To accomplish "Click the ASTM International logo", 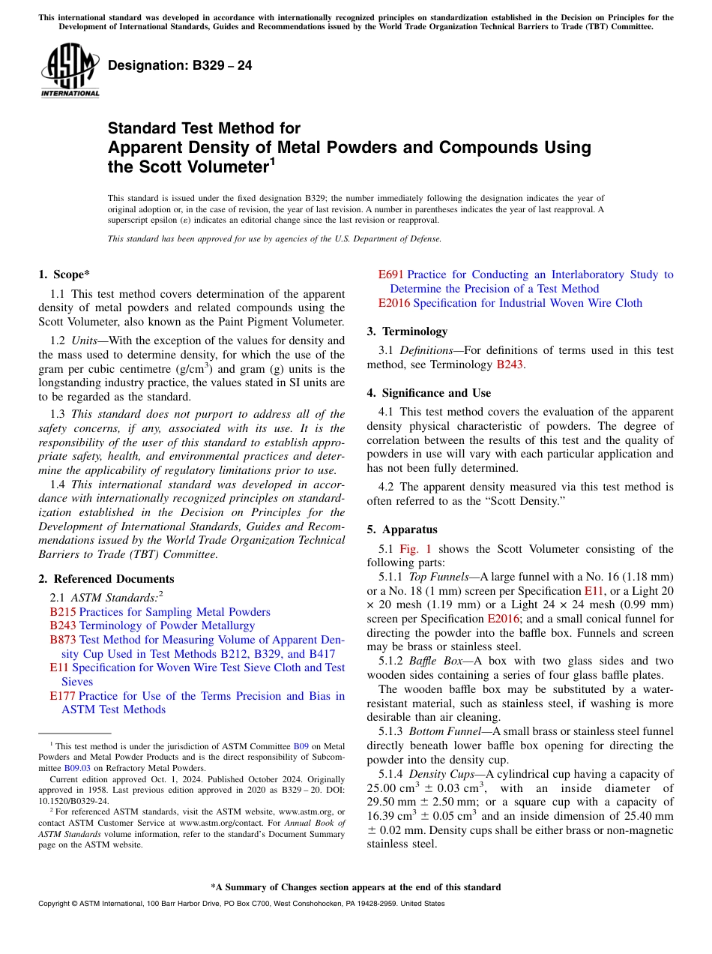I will point(70,70).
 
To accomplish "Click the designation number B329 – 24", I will point(180,66).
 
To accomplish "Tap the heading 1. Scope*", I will point(64,274).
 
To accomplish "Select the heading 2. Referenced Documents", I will point(106,579).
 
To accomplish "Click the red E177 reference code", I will point(62,696).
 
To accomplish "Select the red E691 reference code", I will point(391,274).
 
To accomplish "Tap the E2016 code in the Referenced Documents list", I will point(394,303).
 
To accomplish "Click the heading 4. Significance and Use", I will point(429,393).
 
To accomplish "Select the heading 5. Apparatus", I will point(402,529).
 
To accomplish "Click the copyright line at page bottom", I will point(241,904).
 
